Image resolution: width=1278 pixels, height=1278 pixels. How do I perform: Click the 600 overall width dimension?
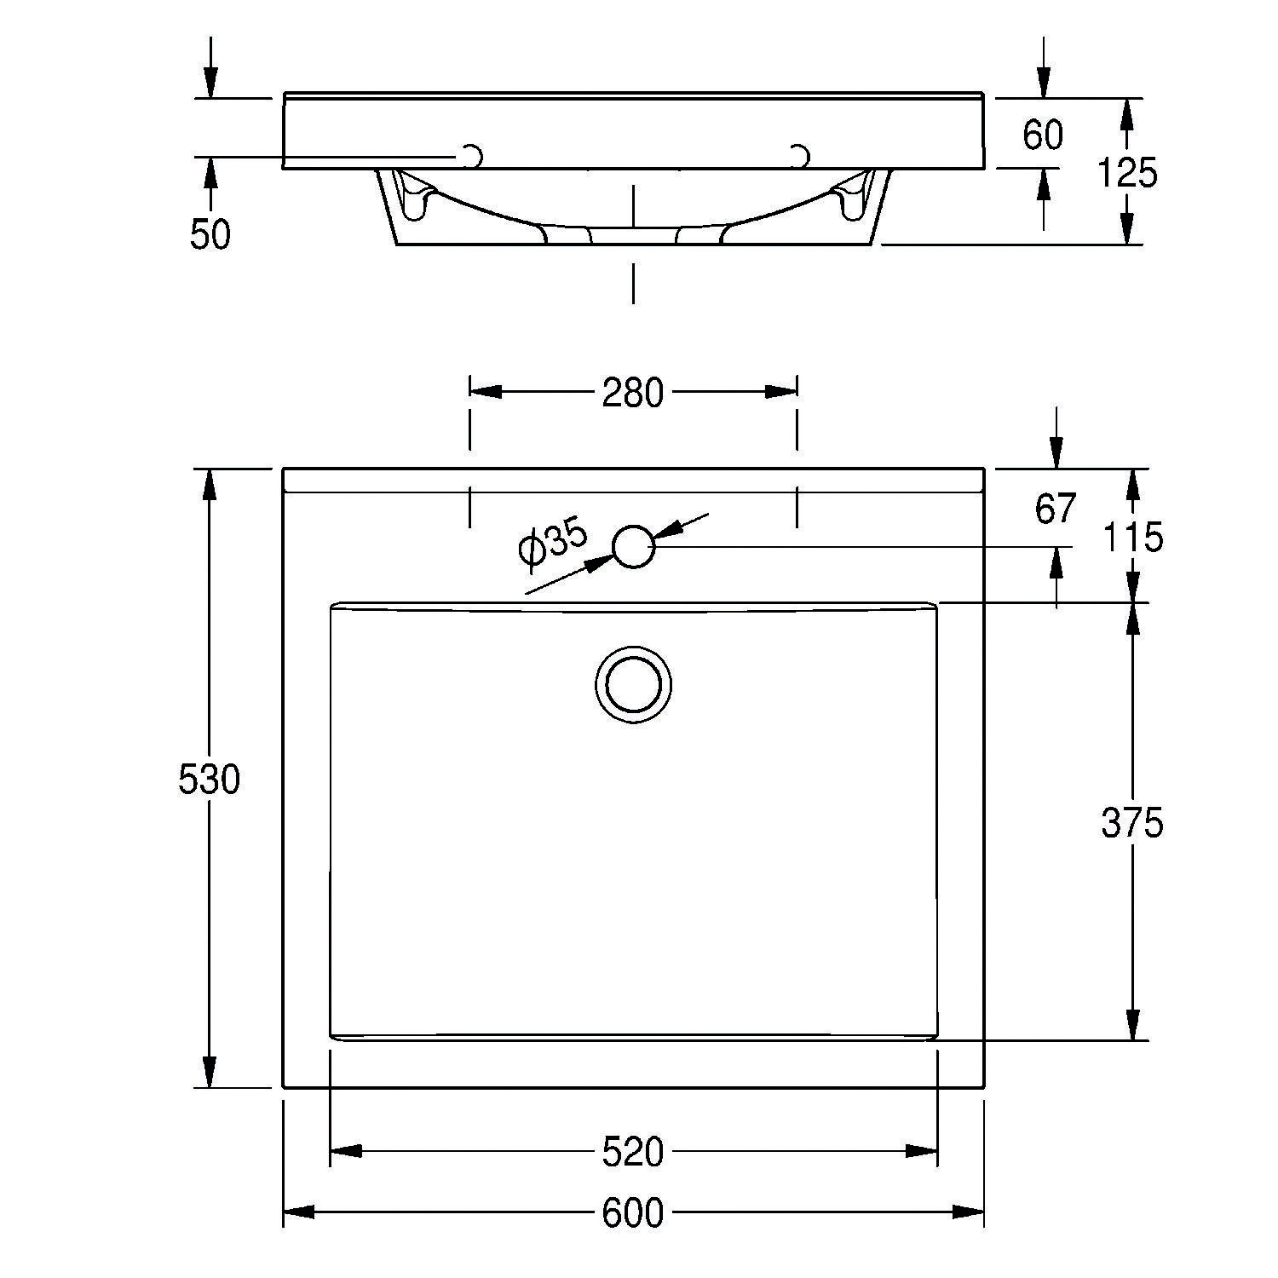(632, 1213)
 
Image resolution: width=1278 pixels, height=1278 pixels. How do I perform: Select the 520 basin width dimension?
(632, 1152)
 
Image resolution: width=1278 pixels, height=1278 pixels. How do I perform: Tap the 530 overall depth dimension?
(210, 779)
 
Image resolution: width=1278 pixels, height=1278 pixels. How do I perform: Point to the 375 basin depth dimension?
(1131, 823)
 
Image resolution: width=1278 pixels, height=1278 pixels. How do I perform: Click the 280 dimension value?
(632, 393)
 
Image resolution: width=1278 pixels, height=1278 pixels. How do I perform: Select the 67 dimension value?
(1056, 509)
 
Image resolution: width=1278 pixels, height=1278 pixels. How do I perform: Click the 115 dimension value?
(1132, 538)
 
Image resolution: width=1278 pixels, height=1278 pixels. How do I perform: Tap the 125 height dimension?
(1126, 174)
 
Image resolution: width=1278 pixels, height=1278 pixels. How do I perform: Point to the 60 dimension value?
(1043, 135)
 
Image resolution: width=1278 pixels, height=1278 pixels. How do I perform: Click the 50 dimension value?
(210, 234)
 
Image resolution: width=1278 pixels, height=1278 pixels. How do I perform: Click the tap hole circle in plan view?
(634, 546)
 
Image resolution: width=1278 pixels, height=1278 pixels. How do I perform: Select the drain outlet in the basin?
(633, 684)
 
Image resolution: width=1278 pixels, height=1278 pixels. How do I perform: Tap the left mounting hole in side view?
(471, 157)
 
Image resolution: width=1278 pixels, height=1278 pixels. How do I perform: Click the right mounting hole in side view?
(799, 156)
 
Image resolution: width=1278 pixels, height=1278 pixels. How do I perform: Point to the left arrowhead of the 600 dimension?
(298, 1212)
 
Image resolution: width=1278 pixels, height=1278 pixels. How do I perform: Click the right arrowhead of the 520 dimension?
(922, 1151)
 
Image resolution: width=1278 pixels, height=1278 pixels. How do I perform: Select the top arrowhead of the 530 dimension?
(210, 486)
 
